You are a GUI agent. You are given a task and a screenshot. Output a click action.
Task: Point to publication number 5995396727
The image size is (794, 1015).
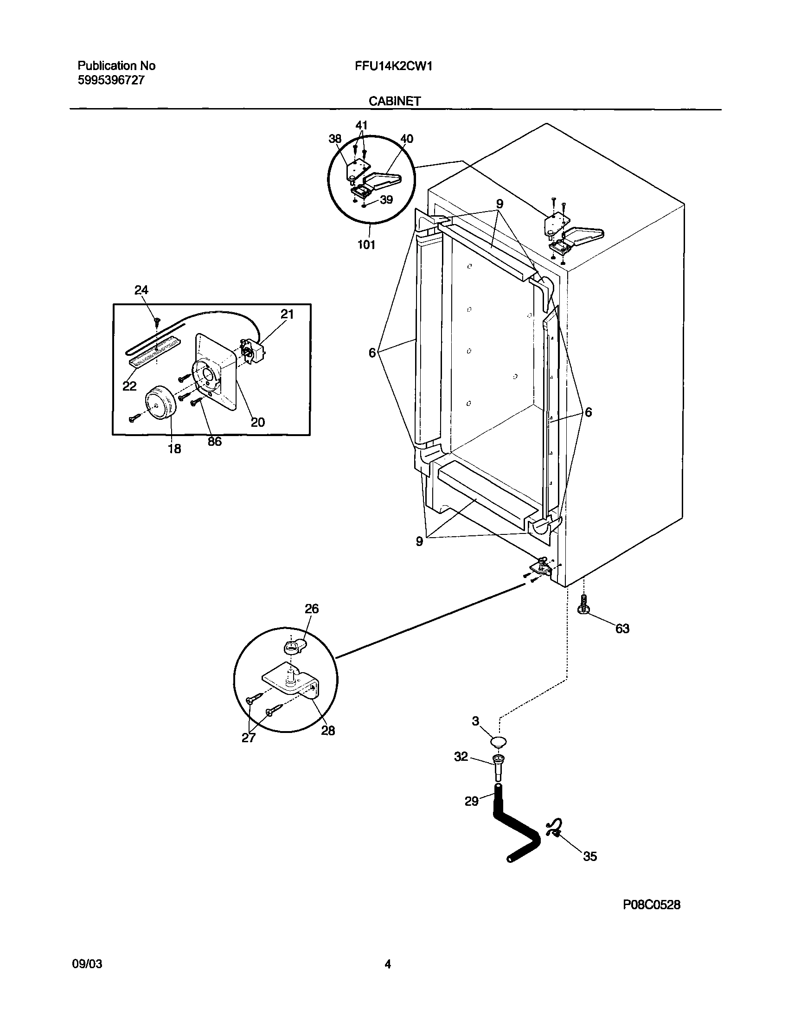111,80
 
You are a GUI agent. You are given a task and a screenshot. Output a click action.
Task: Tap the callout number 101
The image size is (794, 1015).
366,244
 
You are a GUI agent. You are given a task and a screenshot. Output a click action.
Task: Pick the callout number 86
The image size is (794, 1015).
214,442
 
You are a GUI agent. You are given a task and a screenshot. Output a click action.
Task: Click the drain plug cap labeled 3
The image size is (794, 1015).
499,742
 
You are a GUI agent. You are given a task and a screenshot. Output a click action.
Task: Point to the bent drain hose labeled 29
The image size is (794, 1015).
514,828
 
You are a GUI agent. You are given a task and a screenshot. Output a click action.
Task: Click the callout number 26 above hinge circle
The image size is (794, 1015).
312,609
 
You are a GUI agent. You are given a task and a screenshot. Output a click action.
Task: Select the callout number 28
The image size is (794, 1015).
328,731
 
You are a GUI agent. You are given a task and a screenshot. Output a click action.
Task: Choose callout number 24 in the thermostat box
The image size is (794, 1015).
141,290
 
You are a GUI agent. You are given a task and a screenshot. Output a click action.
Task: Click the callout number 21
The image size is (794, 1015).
287,315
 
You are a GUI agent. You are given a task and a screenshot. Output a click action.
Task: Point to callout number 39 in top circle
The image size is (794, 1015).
386,199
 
